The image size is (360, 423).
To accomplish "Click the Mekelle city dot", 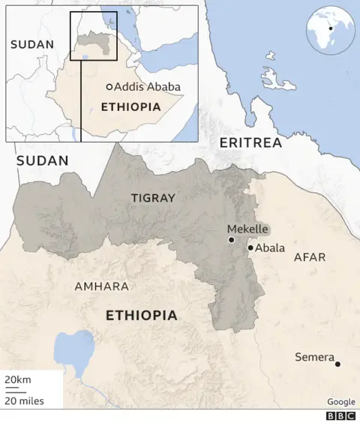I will pyautogui.click(x=232, y=240).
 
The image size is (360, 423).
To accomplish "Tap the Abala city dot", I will pyautogui.click(x=250, y=247).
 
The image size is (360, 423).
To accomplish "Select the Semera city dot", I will pyautogui.click(x=337, y=364).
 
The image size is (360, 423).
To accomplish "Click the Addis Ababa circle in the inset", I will pyautogui.click(x=109, y=87).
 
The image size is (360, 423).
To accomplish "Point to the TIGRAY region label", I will pyautogui.click(x=153, y=198).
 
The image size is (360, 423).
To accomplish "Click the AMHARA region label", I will pyautogui.click(x=101, y=286).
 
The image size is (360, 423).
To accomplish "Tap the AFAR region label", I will pyautogui.click(x=310, y=257).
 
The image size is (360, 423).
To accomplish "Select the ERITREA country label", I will pyautogui.click(x=250, y=142).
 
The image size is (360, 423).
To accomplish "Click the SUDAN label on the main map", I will pyautogui.click(x=42, y=160).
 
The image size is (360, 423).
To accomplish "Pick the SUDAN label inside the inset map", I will pyautogui.click(x=32, y=44).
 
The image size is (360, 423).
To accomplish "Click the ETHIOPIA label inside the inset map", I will pyautogui.click(x=130, y=106).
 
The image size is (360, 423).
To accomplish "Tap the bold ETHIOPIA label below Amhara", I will pyautogui.click(x=142, y=315).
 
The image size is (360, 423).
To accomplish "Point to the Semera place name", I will pyautogui.click(x=314, y=357).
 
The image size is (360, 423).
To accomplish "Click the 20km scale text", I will pyautogui.click(x=18, y=381).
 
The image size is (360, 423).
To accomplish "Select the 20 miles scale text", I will pyautogui.click(x=24, y=400).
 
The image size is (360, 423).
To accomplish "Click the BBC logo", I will pyautogui.click(x=341, y=415).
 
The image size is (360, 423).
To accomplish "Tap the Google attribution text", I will pyautogui.click(x=341, y=402).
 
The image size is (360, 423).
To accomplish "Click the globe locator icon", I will pyautogui.click(x=330, y=30).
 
